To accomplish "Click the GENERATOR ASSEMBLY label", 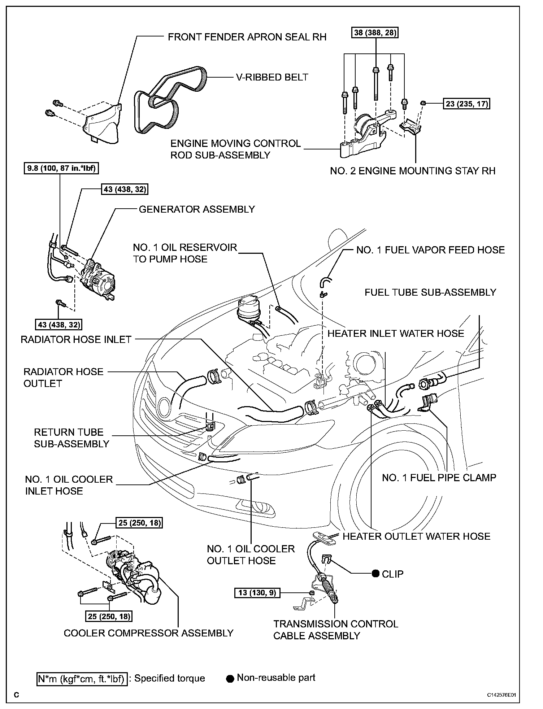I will point(197,209).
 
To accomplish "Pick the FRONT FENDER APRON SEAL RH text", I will point(247,37).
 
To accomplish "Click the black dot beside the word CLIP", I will point(376,574).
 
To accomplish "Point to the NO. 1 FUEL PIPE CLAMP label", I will point(439,478).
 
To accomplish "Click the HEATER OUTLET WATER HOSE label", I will point(416,536).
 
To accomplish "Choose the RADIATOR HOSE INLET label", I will point(76,340).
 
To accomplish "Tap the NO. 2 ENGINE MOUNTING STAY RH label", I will point(413,171).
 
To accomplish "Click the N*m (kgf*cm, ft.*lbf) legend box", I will point(82,679).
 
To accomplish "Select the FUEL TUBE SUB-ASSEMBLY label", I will point(430,292).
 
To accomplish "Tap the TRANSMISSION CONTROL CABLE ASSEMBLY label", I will point(335,630).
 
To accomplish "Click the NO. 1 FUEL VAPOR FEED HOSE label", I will point(430,250).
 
